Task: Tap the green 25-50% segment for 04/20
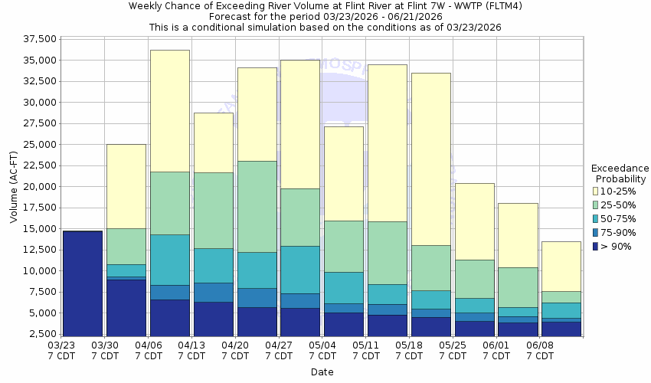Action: pos(257,206)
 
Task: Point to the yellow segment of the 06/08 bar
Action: pos(561,266)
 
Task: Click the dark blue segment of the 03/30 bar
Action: pos(126,307)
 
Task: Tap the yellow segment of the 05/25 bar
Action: pos(475,221)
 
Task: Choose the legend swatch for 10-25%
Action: pos(596,191)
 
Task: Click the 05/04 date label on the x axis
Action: pos(322,351)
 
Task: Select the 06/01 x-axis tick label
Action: pos(496,351)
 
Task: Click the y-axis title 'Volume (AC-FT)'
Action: pos(14,187)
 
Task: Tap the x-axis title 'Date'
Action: pos(322,372)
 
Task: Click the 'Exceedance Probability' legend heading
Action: pos(620,173)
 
